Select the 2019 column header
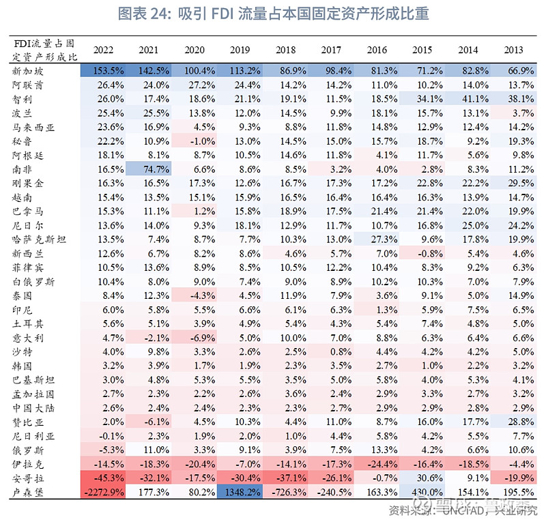[x=240, y=50]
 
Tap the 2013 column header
[x=514, y=50]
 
